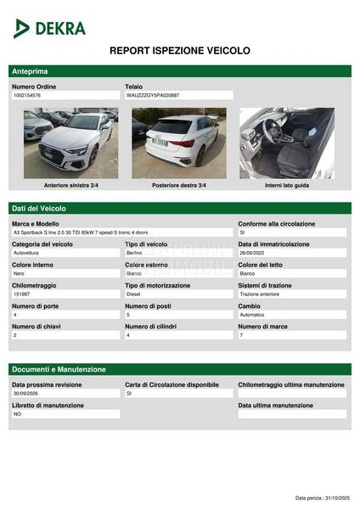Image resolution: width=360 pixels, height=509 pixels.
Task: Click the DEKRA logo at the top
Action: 50,28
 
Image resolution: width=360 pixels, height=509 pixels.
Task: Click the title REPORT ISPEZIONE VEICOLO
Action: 180,51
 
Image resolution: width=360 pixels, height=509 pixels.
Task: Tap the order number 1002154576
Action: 27,96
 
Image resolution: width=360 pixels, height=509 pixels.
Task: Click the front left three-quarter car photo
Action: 70,143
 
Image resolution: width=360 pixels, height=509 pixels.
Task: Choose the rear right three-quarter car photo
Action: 178,143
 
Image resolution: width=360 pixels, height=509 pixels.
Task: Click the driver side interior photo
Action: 286,143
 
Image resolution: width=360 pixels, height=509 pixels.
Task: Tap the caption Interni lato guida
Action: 287,185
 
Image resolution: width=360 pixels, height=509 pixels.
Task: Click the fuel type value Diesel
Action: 133,294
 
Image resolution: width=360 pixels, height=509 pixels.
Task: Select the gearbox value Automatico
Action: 255,315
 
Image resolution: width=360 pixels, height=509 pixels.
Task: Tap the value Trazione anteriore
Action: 260,294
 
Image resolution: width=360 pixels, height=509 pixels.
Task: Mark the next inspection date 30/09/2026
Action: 26,394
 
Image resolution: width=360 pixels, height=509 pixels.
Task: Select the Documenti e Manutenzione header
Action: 59,370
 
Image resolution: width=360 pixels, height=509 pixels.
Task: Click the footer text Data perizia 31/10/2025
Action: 322,498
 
